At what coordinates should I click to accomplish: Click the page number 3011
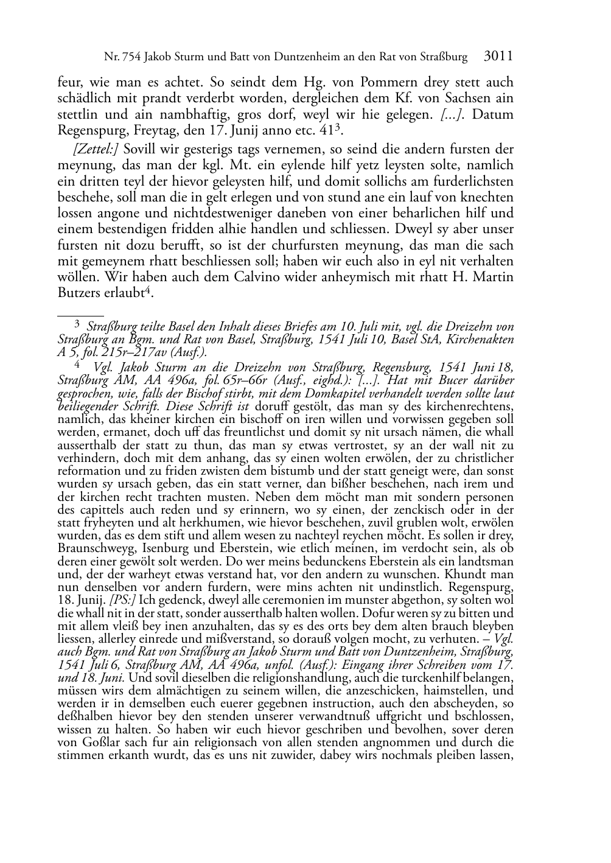click(x=498, y=57)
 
